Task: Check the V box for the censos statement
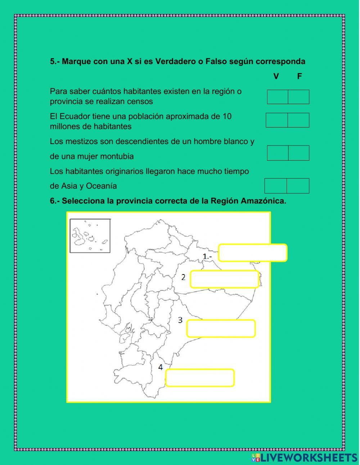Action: tap(278, 97)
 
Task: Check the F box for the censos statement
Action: tap(299, 97)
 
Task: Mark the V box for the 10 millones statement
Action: tap(276, 120)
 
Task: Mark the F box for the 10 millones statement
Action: tap(298, 120)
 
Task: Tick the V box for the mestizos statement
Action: tap(278, 153)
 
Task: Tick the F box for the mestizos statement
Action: tap(299, 153)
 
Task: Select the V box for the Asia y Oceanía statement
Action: tap(276, 186)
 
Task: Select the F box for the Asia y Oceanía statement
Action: tap(298, 186)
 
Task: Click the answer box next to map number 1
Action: tap(253, 253)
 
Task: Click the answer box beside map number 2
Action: tap(225, 279)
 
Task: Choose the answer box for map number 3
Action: tap(221, 328)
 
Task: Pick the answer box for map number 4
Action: tap(200, 378)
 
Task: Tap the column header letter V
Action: tap(276, 76)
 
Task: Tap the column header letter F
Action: tap(300, 76)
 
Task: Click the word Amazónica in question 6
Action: tap(263, 201)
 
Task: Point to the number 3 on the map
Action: tap(180, 320)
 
